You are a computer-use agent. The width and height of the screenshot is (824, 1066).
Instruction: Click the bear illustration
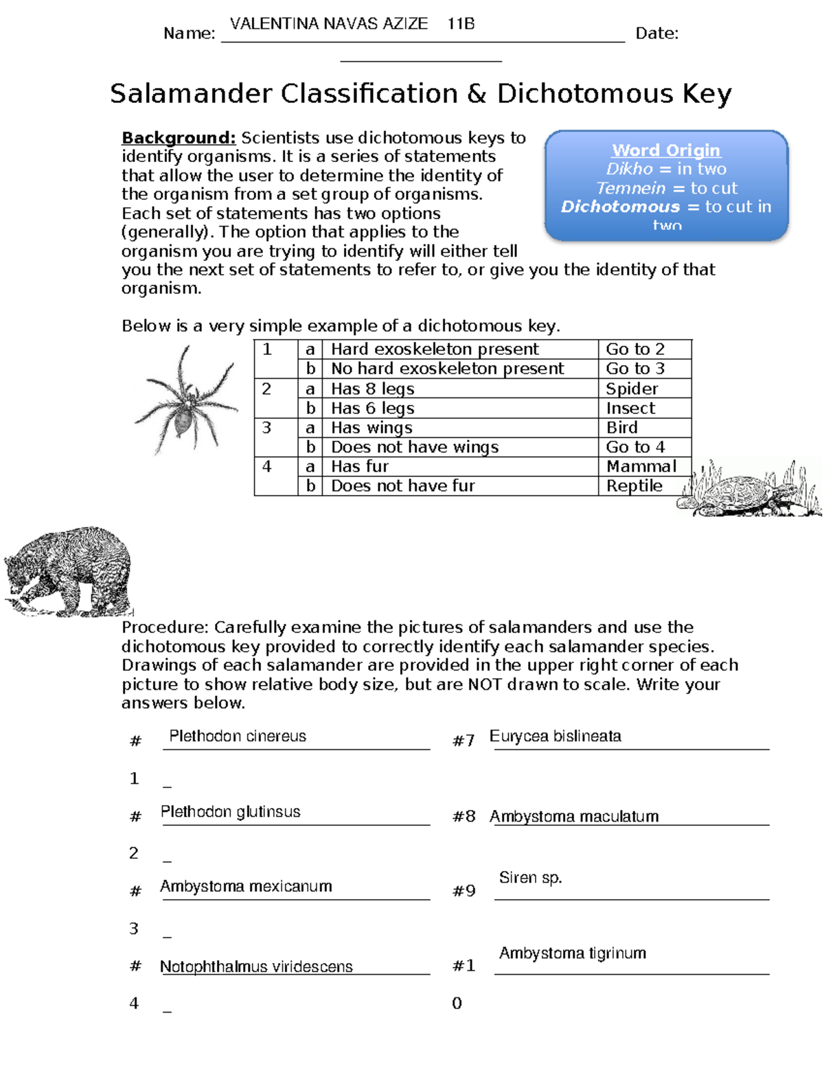click(69, 571)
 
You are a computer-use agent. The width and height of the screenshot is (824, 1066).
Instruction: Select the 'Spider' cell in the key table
click(632, 389)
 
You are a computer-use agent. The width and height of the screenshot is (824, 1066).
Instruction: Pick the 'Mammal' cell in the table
click(641, 467)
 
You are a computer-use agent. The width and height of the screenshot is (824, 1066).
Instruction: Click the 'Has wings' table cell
click(371, 428)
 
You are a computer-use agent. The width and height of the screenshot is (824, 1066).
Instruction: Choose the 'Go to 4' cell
click(635, 447)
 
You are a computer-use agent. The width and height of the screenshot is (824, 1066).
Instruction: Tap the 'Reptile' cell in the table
click(634, 486)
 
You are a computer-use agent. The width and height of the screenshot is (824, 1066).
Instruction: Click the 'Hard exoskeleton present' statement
click(435, 349)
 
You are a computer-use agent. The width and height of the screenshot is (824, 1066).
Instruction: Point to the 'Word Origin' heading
click(666, 150)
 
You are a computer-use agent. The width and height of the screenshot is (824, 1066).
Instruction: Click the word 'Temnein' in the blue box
click(631, 188)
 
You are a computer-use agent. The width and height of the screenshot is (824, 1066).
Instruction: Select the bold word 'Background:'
click(179, 138)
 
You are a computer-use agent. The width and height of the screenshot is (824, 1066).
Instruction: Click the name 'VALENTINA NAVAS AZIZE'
click(329, 24)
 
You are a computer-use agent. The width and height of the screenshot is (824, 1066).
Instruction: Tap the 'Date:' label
click(656, 34)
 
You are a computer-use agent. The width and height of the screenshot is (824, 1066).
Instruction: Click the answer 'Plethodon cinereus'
click(238, 737)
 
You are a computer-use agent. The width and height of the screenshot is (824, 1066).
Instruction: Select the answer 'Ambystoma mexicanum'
click(246, 886)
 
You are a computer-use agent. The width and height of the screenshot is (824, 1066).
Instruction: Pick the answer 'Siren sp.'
click(530, 878)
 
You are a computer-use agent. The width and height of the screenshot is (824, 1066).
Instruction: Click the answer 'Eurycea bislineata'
click(555, 737)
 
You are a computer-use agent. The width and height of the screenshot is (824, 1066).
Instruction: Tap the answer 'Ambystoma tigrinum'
click(572, 953)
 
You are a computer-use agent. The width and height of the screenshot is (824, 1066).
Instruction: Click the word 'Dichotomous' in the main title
click(585, 94)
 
